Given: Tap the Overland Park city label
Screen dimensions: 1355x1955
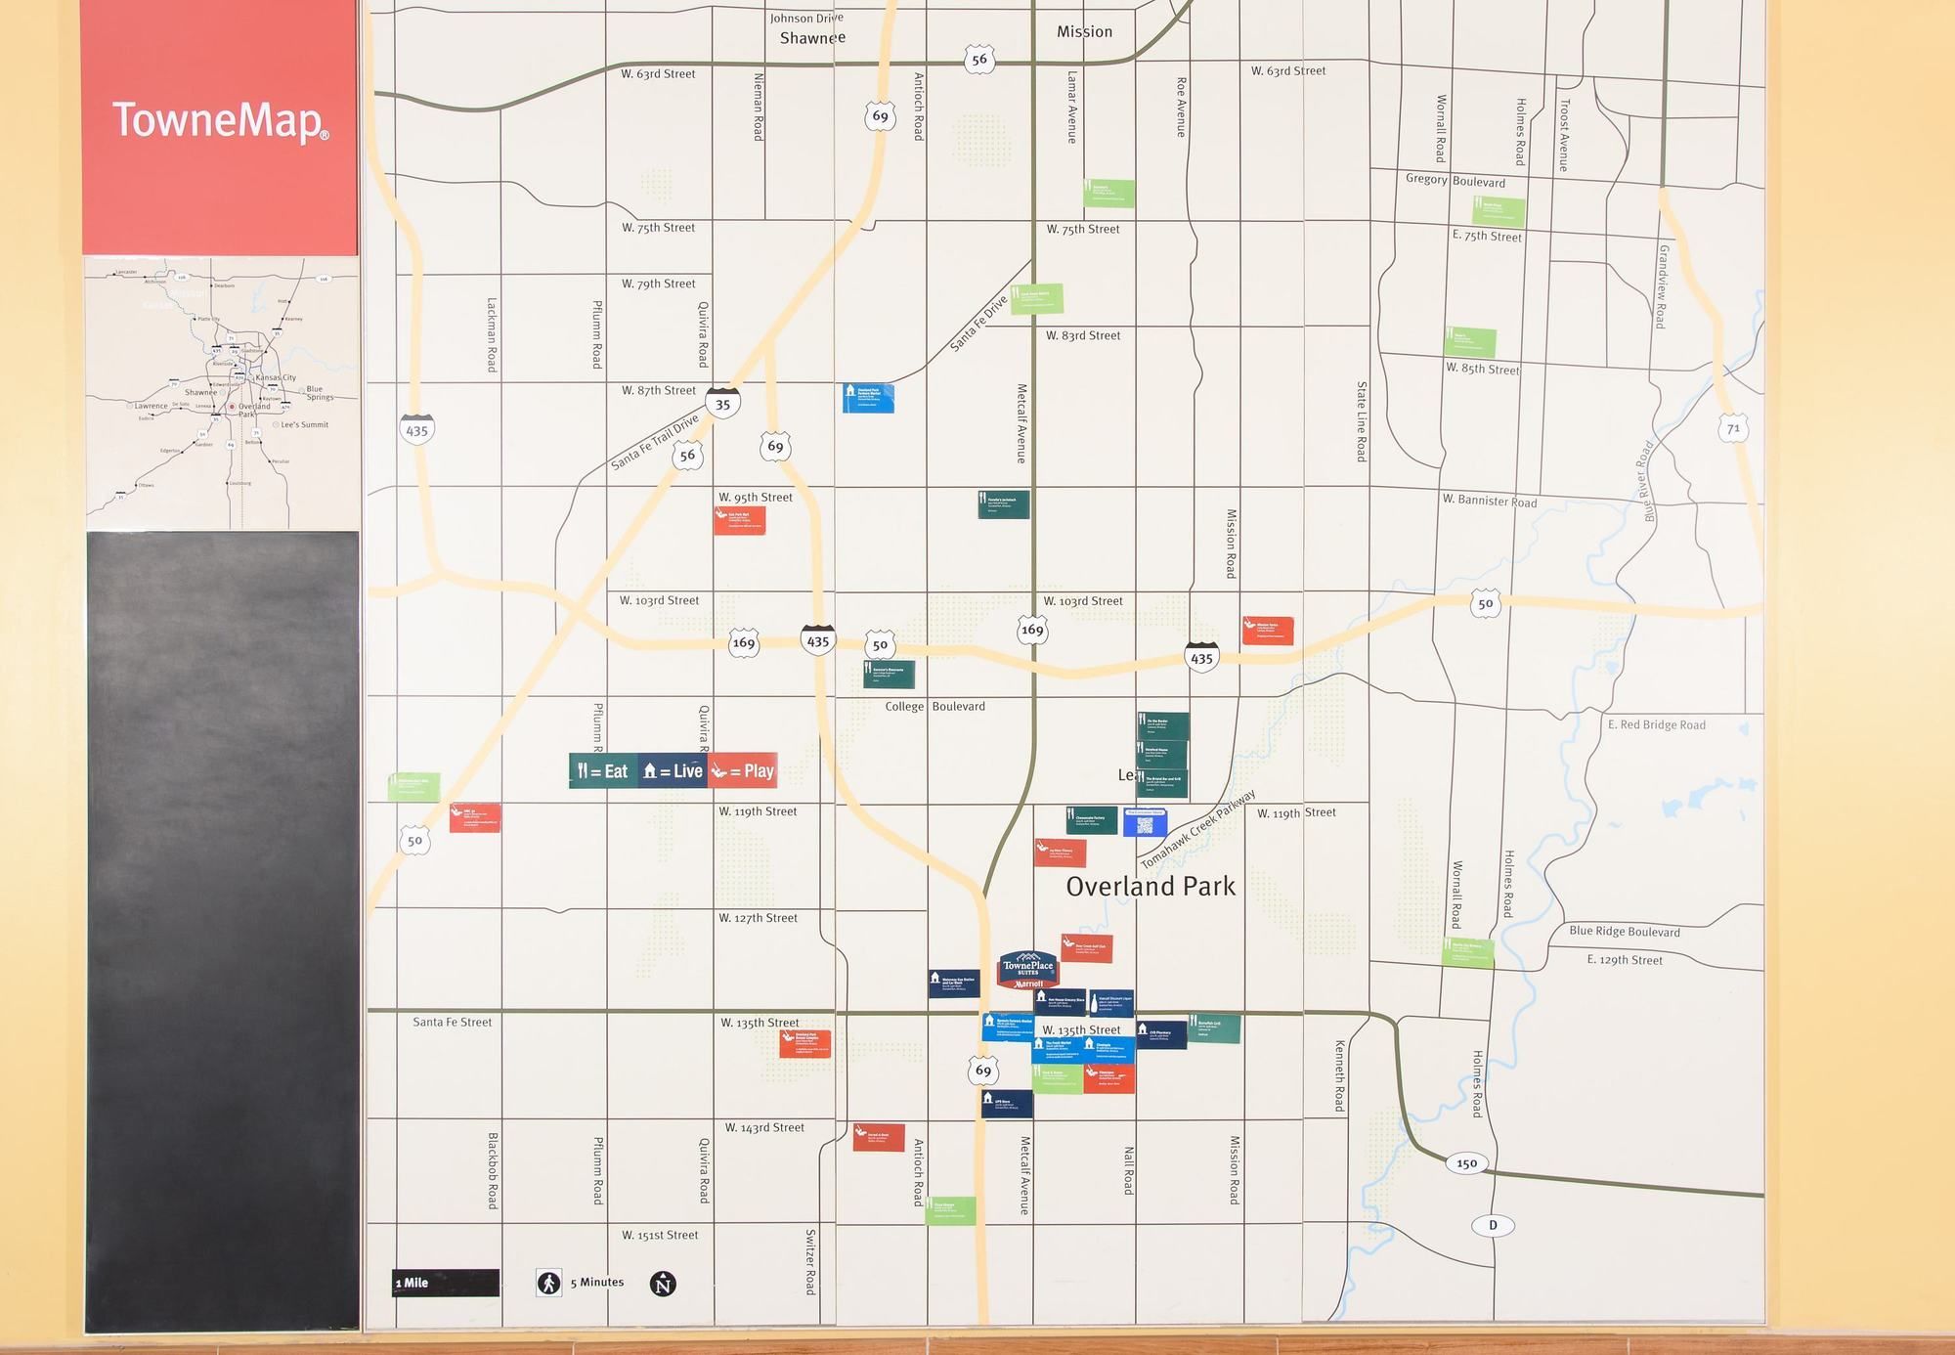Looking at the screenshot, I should (1151, 887).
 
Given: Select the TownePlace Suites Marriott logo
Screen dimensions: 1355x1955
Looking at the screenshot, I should (1027, 969).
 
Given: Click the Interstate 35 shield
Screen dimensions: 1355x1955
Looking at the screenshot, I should (722, 404).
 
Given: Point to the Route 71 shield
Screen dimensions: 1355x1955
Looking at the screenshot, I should (1733, 428).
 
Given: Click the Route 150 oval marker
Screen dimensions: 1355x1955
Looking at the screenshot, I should (1466, 1162).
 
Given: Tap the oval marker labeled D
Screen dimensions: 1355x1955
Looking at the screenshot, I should (1493, 1225).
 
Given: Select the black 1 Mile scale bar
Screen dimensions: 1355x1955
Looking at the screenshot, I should (446, 1283).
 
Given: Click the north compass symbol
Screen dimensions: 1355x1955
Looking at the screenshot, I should (663, 1284).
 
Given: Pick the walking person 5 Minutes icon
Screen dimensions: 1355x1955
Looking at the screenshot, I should (549, 1283).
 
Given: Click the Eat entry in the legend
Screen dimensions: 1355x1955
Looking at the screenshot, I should (603, 771).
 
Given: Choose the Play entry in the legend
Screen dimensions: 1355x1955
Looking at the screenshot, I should (743, 771).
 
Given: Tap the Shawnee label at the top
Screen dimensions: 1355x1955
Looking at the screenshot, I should (812, 38).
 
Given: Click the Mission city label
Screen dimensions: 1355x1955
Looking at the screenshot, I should (1084, 32).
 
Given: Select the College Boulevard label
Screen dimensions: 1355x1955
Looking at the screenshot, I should (934, 706).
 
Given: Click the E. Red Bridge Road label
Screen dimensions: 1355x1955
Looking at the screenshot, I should (1656, 724).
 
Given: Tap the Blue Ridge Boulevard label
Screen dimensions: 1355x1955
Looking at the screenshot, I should (1624, 931).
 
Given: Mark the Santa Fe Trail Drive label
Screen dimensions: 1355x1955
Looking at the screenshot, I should (655, 441).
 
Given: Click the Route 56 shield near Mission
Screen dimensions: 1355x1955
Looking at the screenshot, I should (979, 60).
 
